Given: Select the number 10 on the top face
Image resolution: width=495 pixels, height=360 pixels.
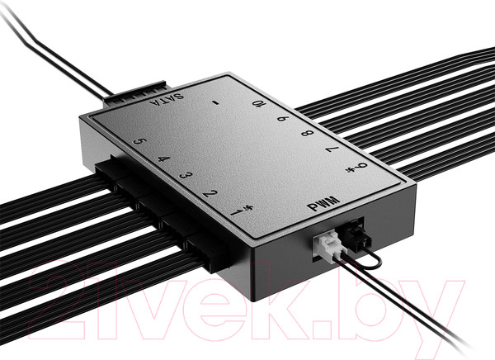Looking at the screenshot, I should click(x=259, y=105).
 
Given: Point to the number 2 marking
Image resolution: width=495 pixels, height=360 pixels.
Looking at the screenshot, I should click(x=211, y=194).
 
